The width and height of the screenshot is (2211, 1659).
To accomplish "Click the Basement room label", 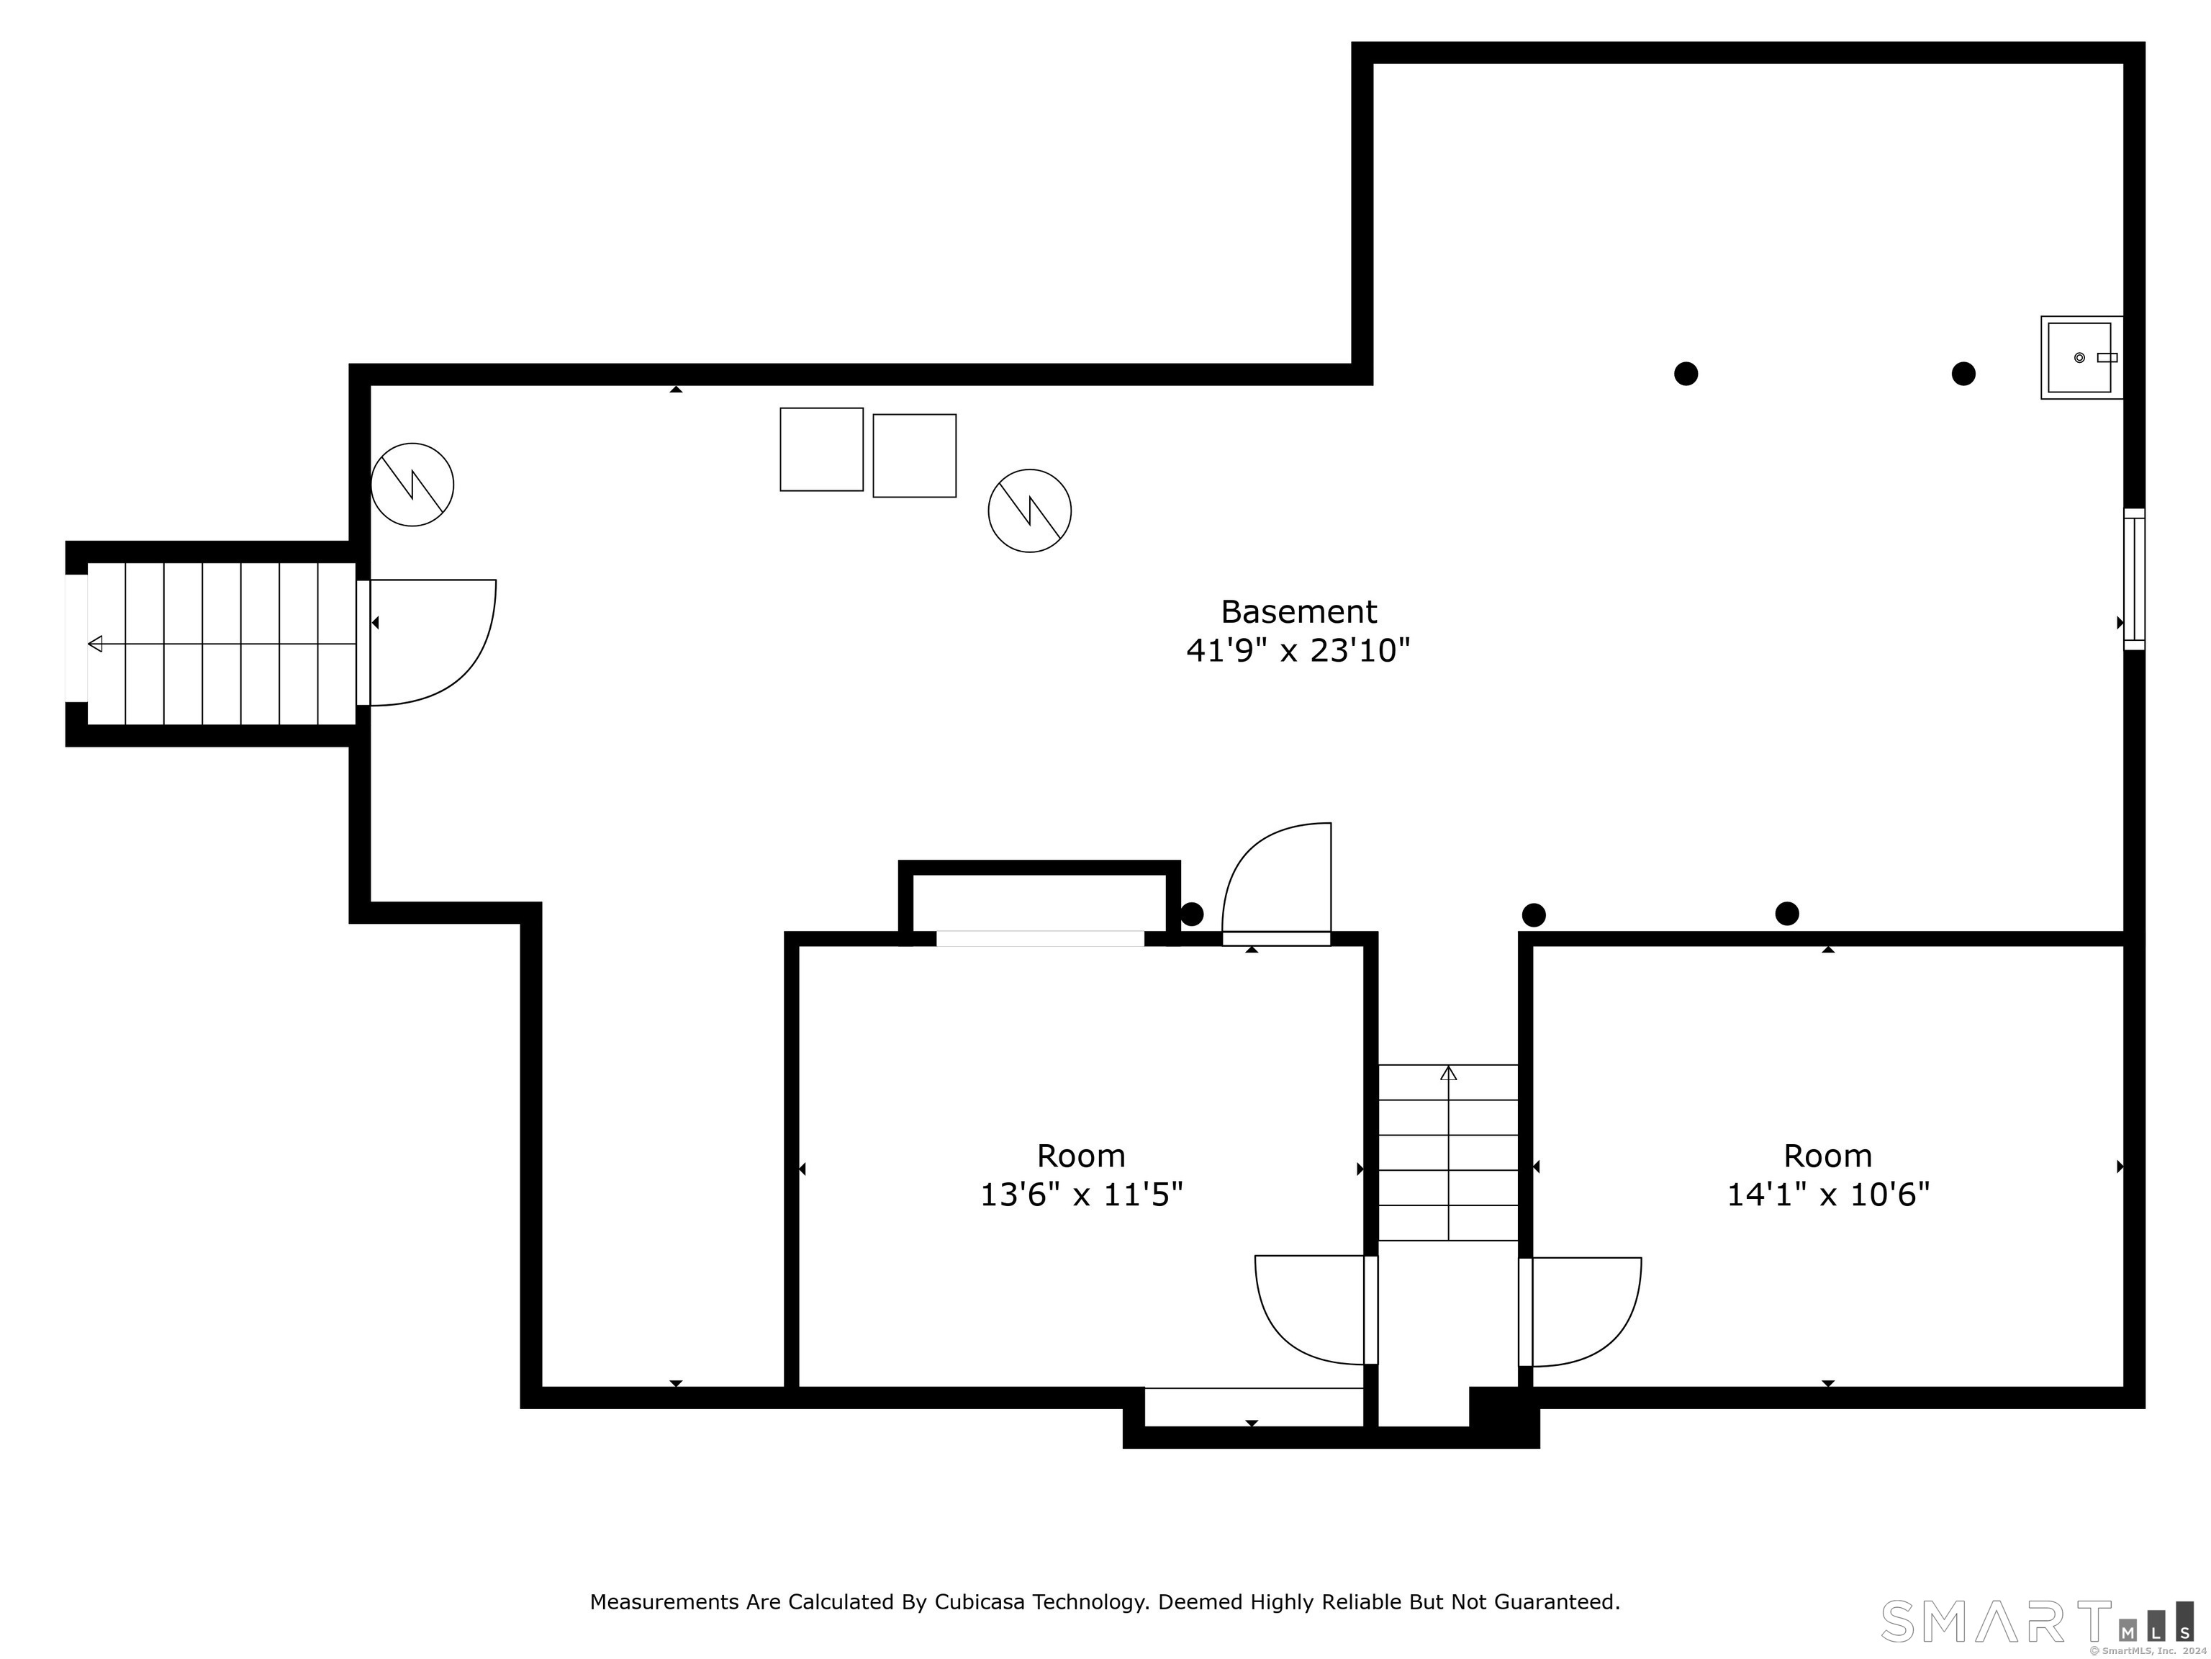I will pos(1298,611).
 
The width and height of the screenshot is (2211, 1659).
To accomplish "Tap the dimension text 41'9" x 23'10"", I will pos(1298,651).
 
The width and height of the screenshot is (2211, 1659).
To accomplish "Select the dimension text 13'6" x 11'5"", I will pos(1080,1194).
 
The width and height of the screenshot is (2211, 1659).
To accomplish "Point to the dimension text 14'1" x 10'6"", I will pos(1827,1194).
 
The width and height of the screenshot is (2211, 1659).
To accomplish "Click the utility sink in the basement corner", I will pos(2080,357).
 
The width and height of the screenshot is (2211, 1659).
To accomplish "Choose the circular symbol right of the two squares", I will pos(1029,510).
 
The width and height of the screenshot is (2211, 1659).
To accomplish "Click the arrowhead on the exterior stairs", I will pos(95,643).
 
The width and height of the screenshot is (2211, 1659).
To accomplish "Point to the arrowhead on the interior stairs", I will pos(1448,1073).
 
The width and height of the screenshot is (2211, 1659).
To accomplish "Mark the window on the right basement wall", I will pos(2134,579).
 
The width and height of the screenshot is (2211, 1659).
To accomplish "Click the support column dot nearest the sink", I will pos(1963,373).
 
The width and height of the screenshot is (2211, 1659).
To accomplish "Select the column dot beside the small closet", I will pos(1191,913).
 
